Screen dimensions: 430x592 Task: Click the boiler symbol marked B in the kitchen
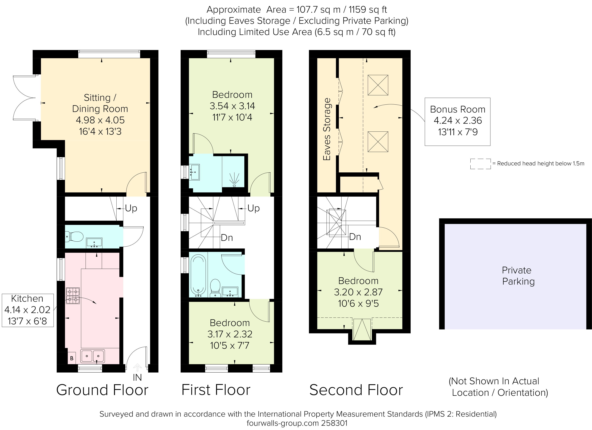tap(72, 358)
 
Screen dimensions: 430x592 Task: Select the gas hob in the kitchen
tap(73, 296)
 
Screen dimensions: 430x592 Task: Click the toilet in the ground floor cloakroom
tap(74, 237)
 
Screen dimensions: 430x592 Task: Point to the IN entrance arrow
tap(137, 368)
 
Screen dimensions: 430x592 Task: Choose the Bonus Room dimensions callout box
tap(457, 121)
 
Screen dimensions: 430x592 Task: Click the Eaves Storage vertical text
tap(327, 129)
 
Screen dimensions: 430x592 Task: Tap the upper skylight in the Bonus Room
tap(378, 85)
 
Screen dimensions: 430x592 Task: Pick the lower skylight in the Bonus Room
tap(378, 142)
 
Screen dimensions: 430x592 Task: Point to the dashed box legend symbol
tap(480, 164)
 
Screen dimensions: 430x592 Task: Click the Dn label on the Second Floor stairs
tap(355, 237)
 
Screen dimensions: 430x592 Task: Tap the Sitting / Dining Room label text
tap(100, 103)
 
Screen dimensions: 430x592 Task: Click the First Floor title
tap(216, 390)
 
